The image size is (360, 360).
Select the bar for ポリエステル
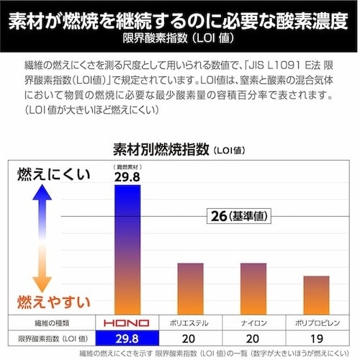pos(190,288)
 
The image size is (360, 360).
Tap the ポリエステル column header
pos(190,323)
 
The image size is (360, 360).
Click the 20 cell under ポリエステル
pos(190,338)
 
